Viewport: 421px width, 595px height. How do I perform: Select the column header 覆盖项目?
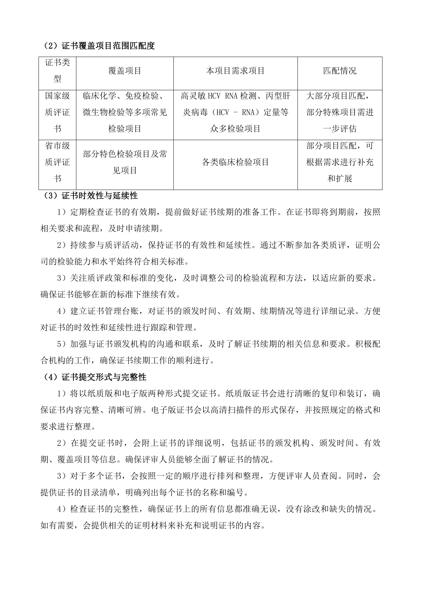point(125,71)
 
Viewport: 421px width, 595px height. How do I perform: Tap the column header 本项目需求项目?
point(235,71)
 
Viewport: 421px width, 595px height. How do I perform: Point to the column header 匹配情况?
point(340,71)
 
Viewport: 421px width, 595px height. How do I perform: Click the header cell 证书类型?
point(57,71)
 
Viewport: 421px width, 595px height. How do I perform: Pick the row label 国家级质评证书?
point(57,112)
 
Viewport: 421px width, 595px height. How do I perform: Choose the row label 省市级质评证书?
point(57,162)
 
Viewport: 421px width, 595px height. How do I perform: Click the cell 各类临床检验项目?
point(235,162)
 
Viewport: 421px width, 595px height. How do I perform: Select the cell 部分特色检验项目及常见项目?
point(125,162)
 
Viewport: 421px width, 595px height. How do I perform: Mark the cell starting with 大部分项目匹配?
point(340,112)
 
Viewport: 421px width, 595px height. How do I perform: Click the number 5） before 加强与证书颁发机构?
point(61,344)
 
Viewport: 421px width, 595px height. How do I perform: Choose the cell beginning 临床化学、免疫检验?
point(125,112)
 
